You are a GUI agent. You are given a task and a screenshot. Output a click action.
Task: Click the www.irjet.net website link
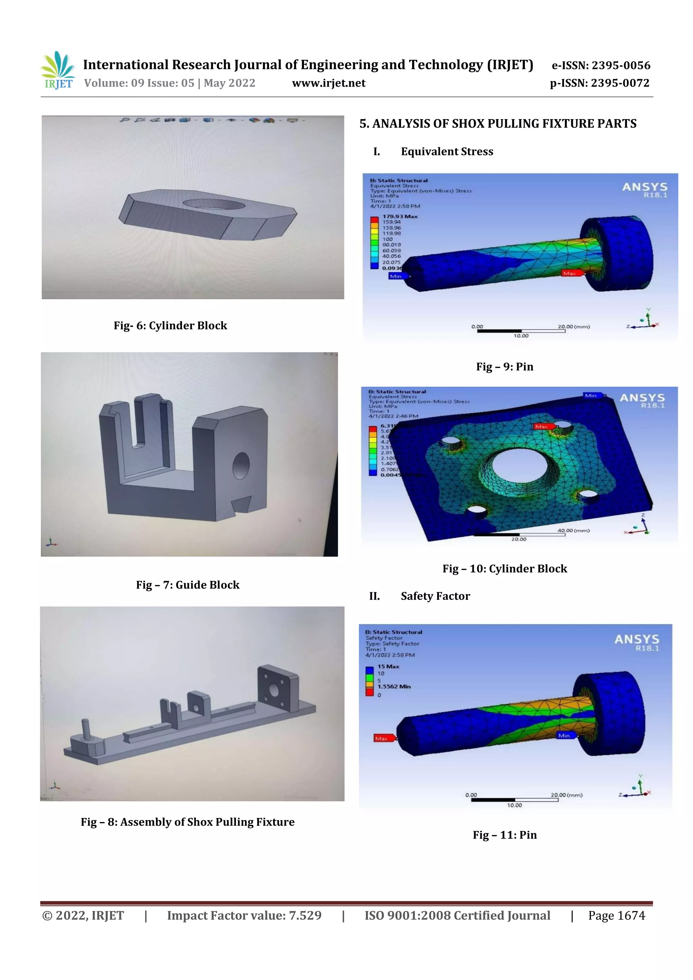tap(328, 83)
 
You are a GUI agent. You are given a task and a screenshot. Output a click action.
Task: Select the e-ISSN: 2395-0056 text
tap(601, 65)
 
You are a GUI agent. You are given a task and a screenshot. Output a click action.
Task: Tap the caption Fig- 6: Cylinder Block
tap(170, 326)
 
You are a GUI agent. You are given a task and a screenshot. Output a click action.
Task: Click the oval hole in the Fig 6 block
tap(214, 204)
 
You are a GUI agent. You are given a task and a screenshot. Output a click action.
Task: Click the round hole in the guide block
tap(241, 466)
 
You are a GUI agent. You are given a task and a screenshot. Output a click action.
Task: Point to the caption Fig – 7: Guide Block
tap(187, 585)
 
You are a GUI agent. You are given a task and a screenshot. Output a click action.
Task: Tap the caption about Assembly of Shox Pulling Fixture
tap(187, 822)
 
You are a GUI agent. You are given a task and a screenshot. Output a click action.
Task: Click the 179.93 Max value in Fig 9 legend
tap(400, 216)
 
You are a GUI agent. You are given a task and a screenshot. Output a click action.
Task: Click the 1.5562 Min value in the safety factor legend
tap(394, 687)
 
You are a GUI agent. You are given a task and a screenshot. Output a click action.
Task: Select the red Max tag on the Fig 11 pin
tap(382, 738)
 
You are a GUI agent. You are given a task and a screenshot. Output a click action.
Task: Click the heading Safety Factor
tap(435, 596)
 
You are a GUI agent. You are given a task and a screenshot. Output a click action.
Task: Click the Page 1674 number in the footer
tap(616, 915)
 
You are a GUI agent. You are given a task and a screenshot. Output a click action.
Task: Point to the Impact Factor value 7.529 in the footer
tap(244, 915)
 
